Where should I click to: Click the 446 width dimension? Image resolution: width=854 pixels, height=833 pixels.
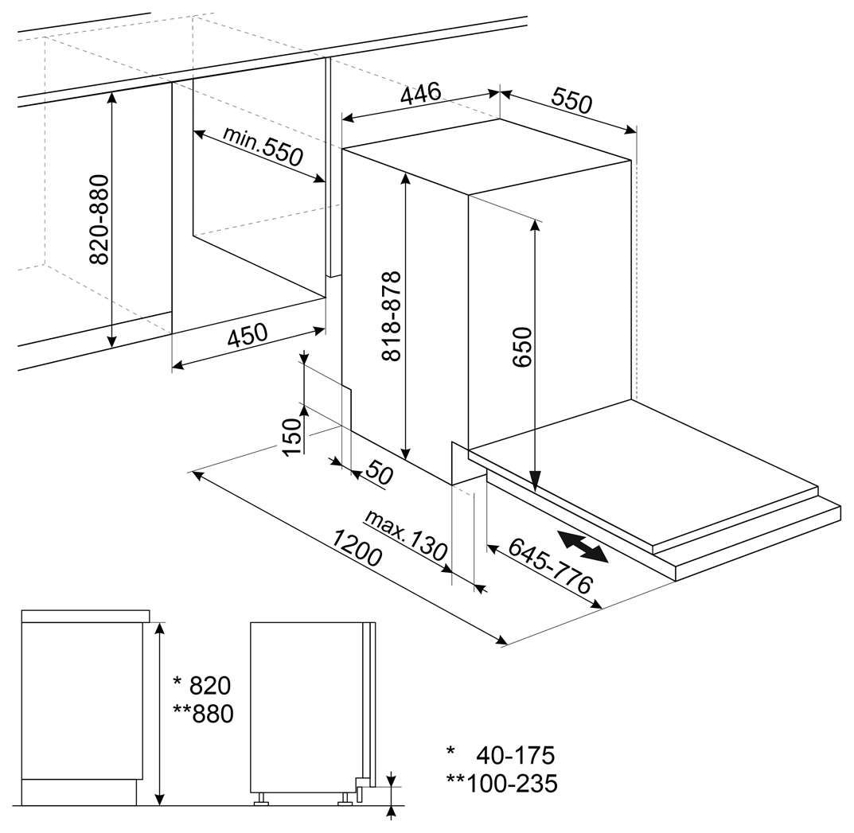click(420, 93)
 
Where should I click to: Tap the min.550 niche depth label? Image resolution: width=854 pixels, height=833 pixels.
click(263, 146)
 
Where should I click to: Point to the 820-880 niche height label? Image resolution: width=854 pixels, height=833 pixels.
click(99, 220)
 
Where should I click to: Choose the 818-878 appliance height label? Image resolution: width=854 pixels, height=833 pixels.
click(391, 316)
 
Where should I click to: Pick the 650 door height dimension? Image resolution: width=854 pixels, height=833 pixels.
click(521, 347)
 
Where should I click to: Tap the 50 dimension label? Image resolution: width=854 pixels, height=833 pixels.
click(379, 472)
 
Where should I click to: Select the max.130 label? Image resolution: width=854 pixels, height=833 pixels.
click(406, 535)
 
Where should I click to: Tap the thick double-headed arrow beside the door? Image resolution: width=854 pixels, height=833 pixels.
click(583, 546)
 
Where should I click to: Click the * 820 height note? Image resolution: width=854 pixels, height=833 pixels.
click(201, 686)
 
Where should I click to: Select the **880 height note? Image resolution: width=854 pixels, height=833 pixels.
click(203, 714)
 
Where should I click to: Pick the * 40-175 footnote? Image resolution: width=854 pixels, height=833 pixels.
click(501, 755)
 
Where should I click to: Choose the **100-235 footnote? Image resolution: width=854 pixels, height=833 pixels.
click(502, 784)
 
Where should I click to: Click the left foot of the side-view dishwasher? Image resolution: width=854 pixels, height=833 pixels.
click(261, 799)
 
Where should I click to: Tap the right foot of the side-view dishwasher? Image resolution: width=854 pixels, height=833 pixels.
click(345, 799)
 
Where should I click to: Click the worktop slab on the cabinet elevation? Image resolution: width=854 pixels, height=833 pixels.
click(85, 616)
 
